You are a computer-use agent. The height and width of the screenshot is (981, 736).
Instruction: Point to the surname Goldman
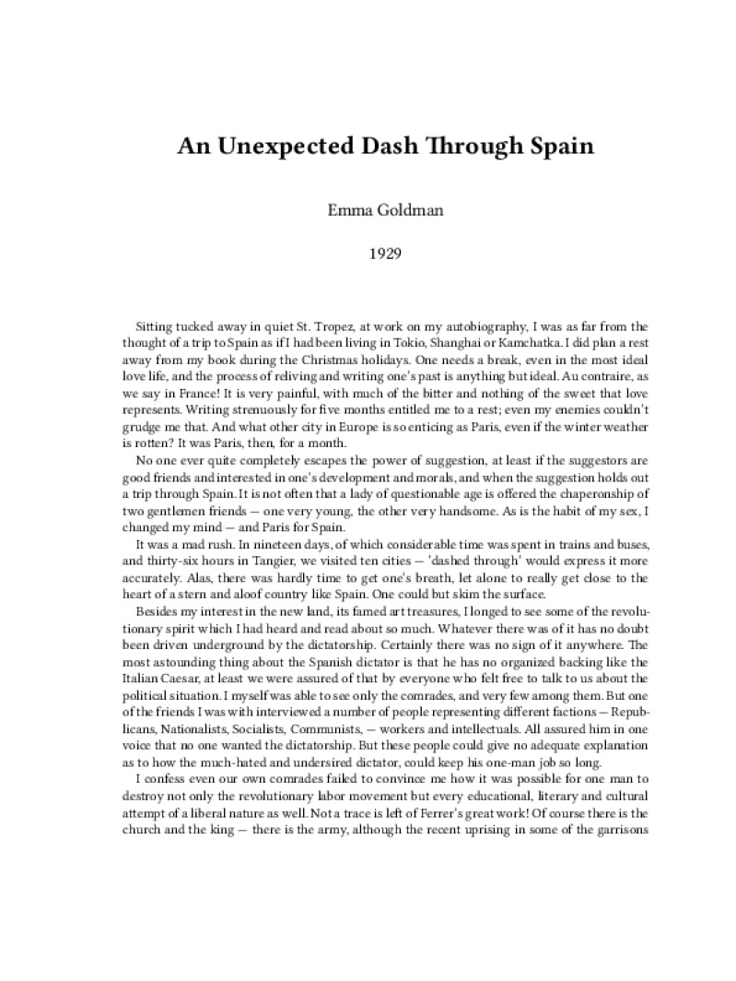pyautogui.click(x=400, y=210)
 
